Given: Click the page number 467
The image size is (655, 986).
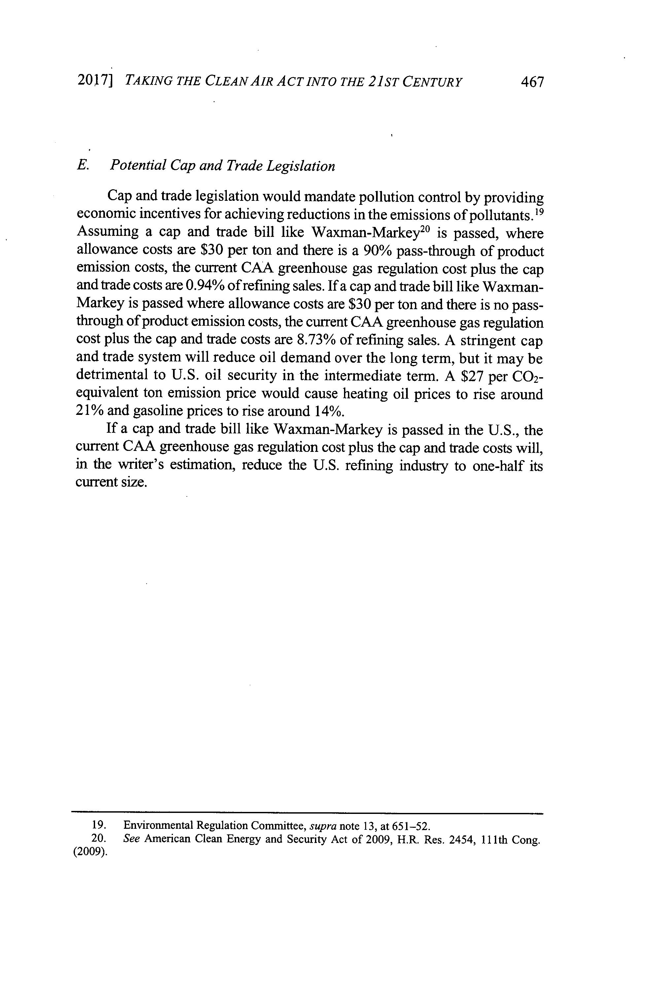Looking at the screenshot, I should (x=533, y=82).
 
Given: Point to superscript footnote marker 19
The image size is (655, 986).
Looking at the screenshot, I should (x=538, y=211).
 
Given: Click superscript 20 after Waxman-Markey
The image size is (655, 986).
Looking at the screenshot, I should (x=425, y=230).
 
